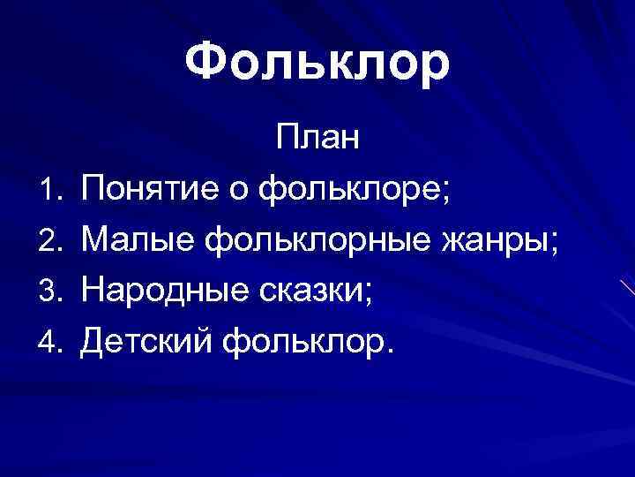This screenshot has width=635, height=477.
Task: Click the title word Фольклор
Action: tap(317, 64)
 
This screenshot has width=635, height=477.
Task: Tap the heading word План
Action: tap(317, 140)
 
